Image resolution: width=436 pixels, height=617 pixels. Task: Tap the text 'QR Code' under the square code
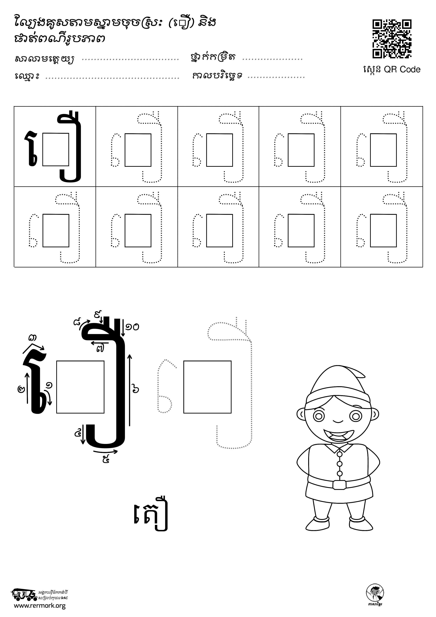[402, 70]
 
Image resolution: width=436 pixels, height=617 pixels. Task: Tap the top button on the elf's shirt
[339, 454]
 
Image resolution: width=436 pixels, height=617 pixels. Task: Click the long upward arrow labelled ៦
[130, 390]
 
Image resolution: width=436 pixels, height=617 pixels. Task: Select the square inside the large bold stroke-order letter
[80, 387]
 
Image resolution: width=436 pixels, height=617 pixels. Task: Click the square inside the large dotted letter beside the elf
[207, 387]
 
